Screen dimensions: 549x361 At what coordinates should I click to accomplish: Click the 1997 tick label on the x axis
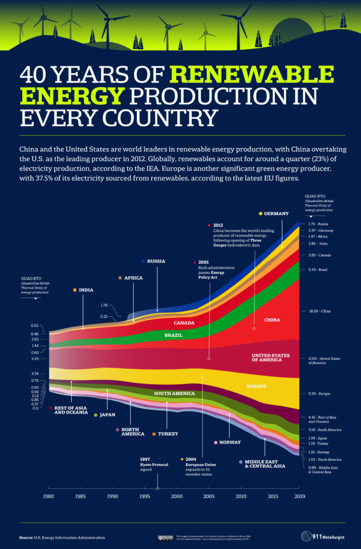(158, 497)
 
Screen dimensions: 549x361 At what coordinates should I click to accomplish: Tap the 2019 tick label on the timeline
(299, 497)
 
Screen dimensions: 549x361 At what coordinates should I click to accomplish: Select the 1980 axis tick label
(49, 497)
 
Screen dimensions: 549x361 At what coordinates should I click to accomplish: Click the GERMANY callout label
(275, 213)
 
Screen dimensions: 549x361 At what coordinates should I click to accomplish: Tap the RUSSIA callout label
(157, 261)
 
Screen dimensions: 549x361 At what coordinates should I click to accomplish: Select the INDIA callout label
(85, 290)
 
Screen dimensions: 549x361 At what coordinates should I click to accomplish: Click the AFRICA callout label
(133, 278)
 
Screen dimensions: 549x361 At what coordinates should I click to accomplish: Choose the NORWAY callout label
(229, 442)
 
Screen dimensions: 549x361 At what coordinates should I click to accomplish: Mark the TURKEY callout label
(168, 434)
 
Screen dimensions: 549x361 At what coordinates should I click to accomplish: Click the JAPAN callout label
(107, 415)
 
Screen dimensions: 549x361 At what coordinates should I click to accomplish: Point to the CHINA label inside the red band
(272, 320)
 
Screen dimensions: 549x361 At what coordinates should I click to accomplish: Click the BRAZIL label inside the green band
(173, 335)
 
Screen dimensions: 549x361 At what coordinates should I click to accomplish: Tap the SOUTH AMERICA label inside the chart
(174, 394)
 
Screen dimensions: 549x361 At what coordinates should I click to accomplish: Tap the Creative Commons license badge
(166, 537)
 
